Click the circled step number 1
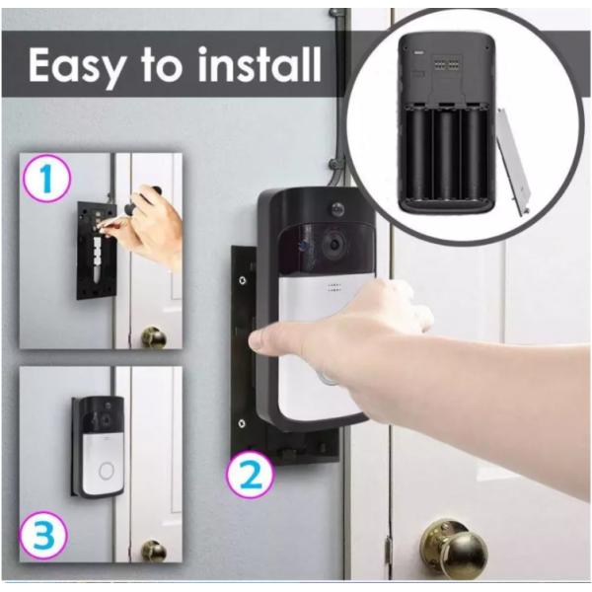tap(46, 182)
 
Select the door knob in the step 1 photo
tap(154, 338)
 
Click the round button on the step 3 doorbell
tap(105, 471)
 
